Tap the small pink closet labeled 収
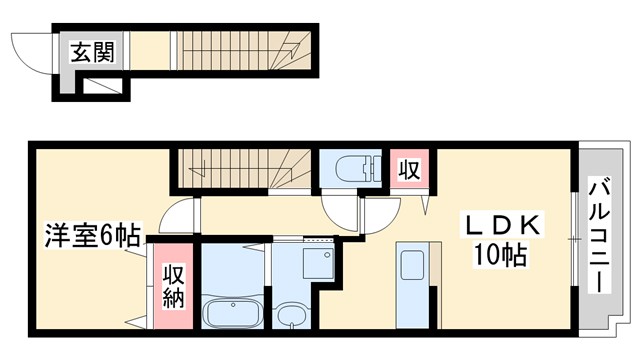coord(409,168)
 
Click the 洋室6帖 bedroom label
coord(90,238)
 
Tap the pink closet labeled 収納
coord(174,286)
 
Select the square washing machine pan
coord(317,263)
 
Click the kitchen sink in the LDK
coord(412,266)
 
